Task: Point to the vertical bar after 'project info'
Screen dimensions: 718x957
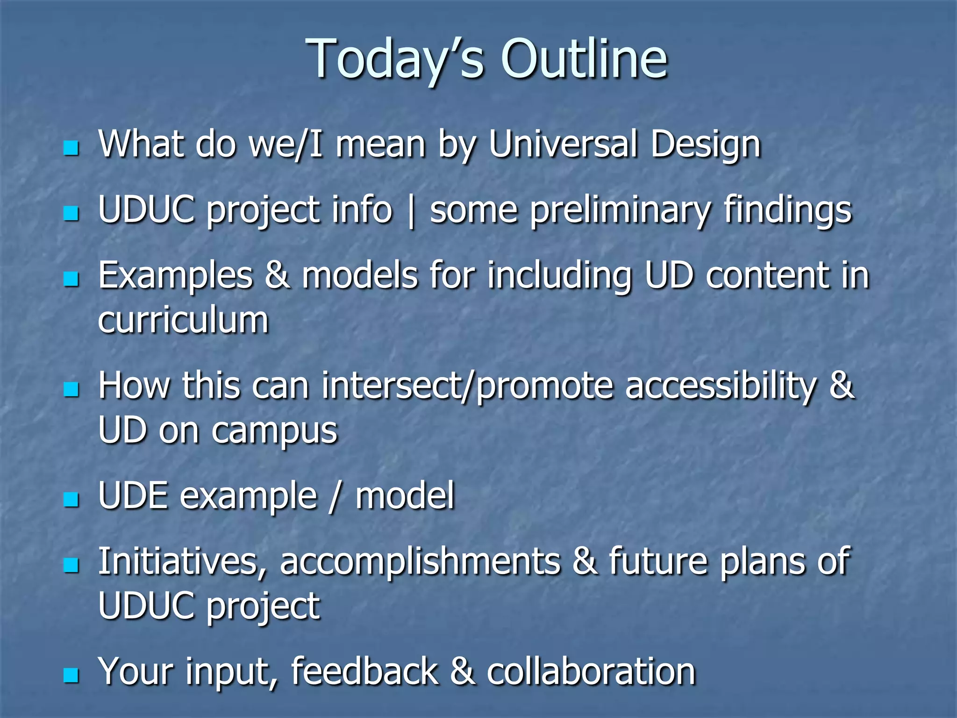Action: point(411,211)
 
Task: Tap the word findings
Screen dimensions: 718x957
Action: point(788,210)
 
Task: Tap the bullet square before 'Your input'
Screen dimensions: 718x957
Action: point(71,675)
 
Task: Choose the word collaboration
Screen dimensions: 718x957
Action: point(591,671)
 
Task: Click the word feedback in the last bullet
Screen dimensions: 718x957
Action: point(364,671)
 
